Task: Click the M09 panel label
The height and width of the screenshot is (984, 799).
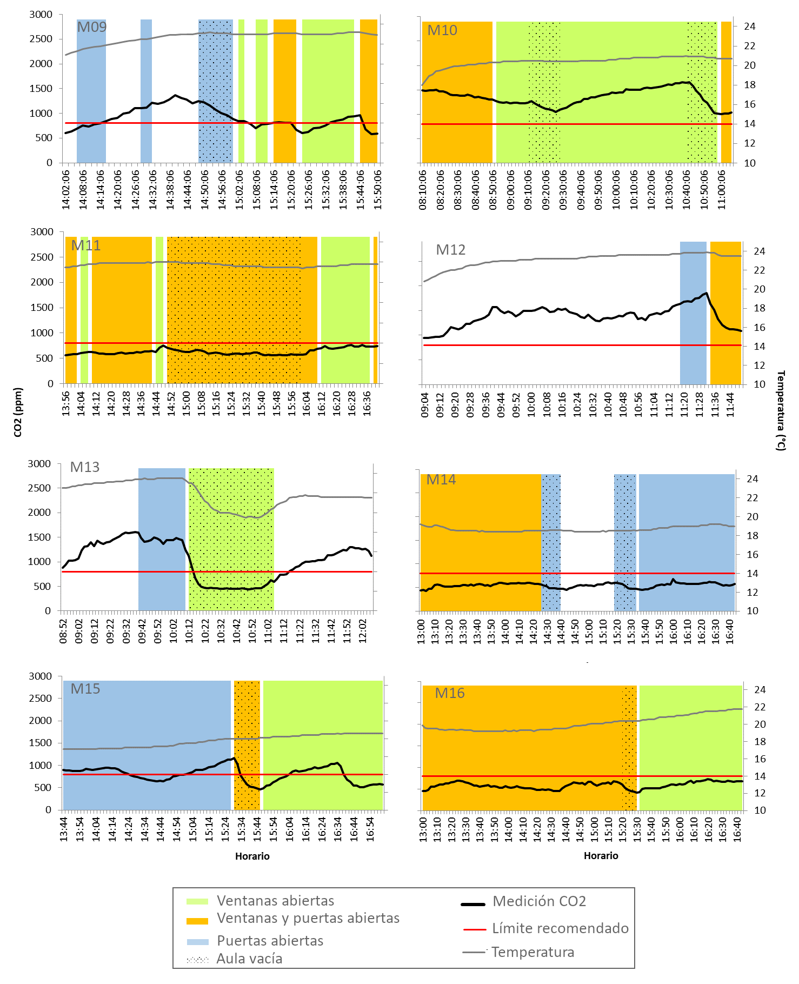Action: click(91, 27)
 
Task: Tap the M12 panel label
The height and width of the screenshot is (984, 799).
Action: click(450, 250)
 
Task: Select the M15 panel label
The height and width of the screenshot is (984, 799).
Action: click(85, 689)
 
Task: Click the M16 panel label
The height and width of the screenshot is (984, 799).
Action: click(450, 693)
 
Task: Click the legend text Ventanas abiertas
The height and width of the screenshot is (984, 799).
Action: click(275, 901)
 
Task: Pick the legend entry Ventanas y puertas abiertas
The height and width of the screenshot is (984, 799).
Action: click(308, 918)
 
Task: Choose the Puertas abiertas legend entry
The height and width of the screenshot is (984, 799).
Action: click(270, 941)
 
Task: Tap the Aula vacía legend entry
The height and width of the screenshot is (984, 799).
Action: click(249, 959)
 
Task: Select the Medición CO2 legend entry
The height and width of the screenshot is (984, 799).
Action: click(539, 901)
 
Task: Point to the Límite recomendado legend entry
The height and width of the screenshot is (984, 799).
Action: click(560, 928)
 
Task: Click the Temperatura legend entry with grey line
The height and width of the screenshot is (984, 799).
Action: click(532, 952)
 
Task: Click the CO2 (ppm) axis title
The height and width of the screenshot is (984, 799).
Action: click(18, 412)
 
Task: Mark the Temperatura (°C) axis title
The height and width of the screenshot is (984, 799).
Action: click(781, 410)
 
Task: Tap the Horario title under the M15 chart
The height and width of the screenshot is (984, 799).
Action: click(252, 856)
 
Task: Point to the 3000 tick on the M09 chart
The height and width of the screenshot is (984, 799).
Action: click(41, 15)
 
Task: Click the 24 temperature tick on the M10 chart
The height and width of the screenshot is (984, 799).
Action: click(749, 26)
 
